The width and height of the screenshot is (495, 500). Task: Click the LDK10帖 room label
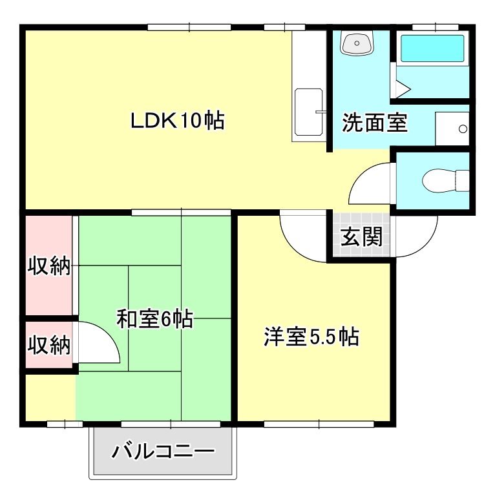(x=178, y=120)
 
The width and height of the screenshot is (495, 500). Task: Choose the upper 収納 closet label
(x=48, y=266)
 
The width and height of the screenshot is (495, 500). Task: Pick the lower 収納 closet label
(x=48, y=346)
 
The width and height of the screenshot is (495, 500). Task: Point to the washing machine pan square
(x=452, y=129)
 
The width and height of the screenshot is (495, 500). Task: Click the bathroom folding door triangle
(x=401, y=89)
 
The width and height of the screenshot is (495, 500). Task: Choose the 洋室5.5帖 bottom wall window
(x=318, y=424)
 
